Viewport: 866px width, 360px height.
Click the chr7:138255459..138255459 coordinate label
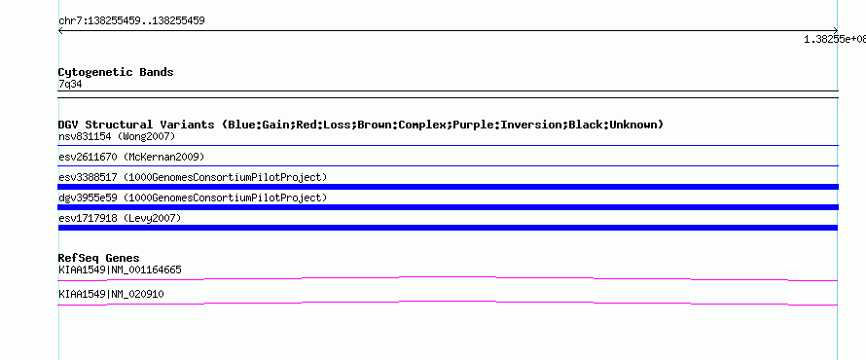click(x=131, y=21)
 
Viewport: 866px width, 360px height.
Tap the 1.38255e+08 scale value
click(x=835, y=39)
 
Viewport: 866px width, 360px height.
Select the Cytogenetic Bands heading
click(x=116, y=72)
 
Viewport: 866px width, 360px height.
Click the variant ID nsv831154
click(x=85, y=136)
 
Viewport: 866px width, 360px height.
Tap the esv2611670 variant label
click(x=88, y=157)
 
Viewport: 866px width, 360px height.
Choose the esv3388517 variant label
click(x=88, y=177)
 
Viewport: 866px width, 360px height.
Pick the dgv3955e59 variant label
click(x=88, y=198)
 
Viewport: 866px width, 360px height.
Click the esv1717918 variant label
click(x=88, y=218)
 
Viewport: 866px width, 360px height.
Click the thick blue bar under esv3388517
click(x=448, y=187)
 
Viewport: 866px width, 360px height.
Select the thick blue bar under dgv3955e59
click(x=448, y=207)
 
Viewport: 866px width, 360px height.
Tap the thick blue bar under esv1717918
click(x=448, y=228)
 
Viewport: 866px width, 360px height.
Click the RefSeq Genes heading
click(x=99, y=258)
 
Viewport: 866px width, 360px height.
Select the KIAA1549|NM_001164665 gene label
click(x=120, y=270)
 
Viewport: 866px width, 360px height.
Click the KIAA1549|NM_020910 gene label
click(x=111, y=294)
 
